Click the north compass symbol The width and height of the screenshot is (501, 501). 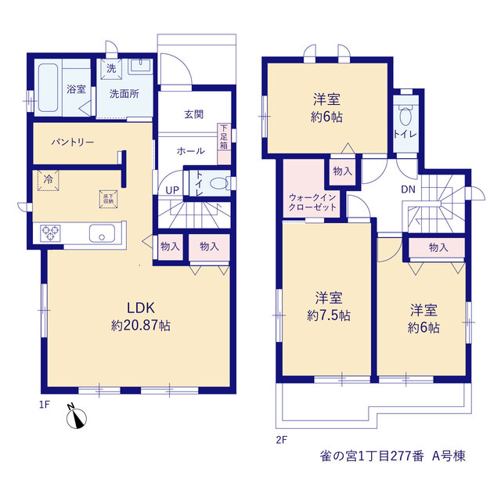pyautogui.click(x=76, y=416)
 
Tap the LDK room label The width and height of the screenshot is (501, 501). pyautogui.click(x=141, y=308)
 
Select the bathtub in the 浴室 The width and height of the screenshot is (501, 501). pyautogui.click(x=49, y=88)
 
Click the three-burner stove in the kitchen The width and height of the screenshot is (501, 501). pyautogui.click(x=50, y=233)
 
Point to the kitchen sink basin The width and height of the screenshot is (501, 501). pyautogui.click(x=102, y=233)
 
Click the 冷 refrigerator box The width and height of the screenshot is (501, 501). pyautogui.click(x=48, y=181)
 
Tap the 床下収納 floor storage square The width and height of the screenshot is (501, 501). pyautogui.click(x=108, y=199)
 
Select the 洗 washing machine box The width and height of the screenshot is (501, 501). pyautogui.click(x=111, y=69)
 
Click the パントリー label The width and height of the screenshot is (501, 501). pyautogui.click(x=73, y=142)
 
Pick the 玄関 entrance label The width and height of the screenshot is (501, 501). pyautogui.click(x=193, y=114)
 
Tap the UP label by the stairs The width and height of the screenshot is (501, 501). pyautogui.click(x=172, y=190)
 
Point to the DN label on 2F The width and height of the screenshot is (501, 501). pyautogui.click(x=409, y=189)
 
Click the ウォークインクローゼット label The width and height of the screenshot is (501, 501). pyautogui.click(x=312, y=202)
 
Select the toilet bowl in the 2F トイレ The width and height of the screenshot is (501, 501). pyautogui.click(x=405, y=116)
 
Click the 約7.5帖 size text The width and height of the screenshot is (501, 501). pyautogui.click(x=329, y=315)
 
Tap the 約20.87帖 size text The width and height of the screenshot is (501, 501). pyautogui.click(x=141, y=326)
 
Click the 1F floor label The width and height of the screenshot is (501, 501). pyautogui.click(x=45, y=405)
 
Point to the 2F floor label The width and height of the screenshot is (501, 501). pyautogui.click(x=282, y=440)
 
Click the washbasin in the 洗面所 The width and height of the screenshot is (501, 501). pyautogui.click(x=141, y=67)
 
